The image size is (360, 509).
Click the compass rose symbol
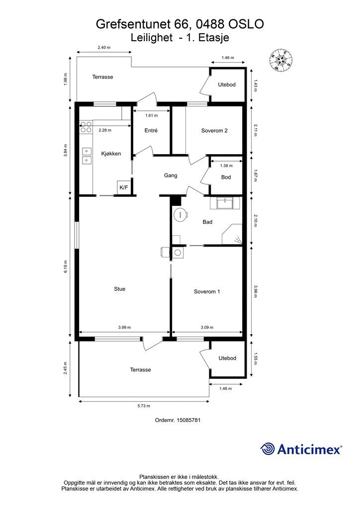281,60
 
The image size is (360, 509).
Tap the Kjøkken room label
111,154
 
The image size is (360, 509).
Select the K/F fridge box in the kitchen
124,187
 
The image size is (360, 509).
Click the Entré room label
151,131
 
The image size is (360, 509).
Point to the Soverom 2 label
214,131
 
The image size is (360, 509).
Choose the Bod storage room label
226,177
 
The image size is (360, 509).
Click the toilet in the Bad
180,214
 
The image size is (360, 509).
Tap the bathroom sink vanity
225,203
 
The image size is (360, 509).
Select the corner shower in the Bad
232,234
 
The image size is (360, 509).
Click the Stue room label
119,289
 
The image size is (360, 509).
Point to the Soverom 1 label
207,291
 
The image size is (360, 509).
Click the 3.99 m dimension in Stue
125,328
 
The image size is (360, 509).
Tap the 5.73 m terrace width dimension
144,406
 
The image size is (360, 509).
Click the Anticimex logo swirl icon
267,449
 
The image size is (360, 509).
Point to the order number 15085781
178,420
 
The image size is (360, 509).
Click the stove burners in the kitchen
86,127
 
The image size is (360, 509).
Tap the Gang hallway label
171,175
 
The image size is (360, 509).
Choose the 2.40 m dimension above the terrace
104,47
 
